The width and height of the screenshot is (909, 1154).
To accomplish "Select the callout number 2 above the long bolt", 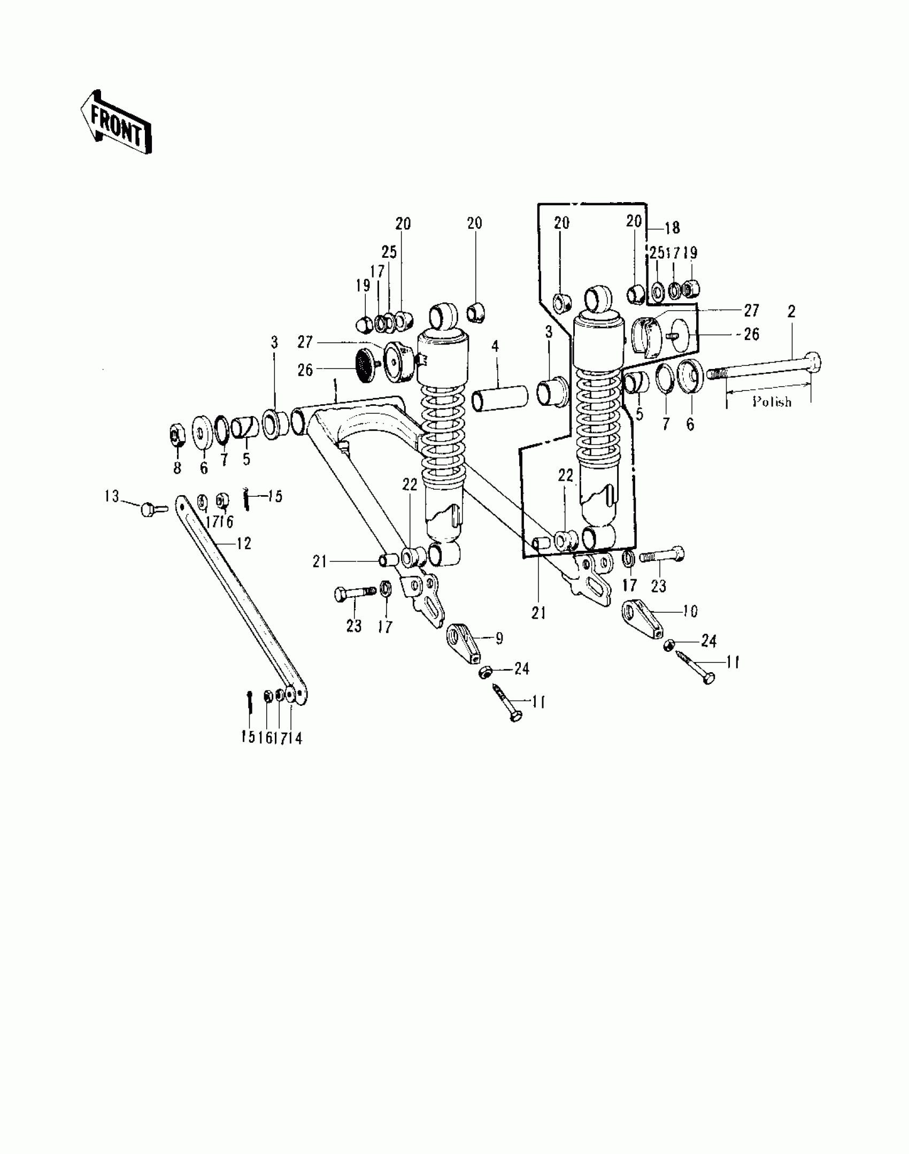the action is [x=791, y=312].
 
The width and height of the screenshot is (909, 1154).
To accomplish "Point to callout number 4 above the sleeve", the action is [x=495, y=347].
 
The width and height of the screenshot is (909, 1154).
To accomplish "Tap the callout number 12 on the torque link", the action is [x=243, y=544].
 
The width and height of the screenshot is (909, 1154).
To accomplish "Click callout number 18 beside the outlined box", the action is [x=672, y=228].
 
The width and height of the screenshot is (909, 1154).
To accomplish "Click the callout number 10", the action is [x=690, y=611].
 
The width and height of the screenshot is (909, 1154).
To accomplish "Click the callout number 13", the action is [x=112, y=496].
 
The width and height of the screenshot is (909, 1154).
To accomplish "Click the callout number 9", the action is [x=499, y=639].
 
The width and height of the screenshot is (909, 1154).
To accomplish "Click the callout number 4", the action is [x=495, y=347].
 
